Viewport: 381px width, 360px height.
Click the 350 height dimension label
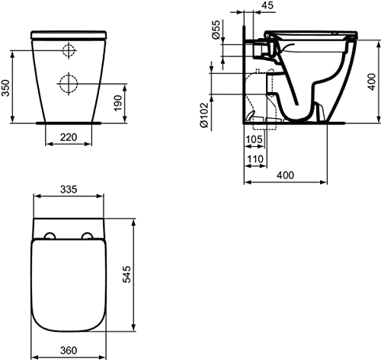click(x=6, y=87)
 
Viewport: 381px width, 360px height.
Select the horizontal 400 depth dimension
click(x=286, y=176)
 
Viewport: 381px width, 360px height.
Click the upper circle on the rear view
click(x=68, y=51)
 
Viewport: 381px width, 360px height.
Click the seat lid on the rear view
click(x=68, y=34)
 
